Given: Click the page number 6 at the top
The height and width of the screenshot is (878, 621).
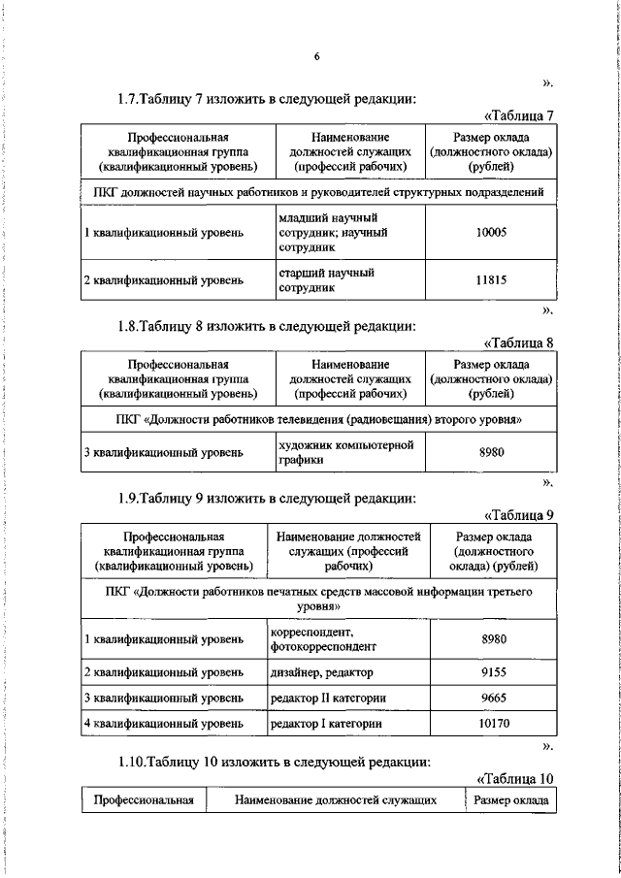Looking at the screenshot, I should pyautogui.click(x=316, y=55).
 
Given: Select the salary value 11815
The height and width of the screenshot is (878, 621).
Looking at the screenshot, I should pyautogui.click(x=491, y=281).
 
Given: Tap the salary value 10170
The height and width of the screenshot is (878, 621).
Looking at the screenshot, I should pyautogui.click(x=494, y=724).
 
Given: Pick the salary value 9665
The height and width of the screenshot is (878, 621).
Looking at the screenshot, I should pyautogui.click(x=494, y=698).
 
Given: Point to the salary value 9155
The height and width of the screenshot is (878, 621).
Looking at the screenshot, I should pyautogui.click(x=494, y=671).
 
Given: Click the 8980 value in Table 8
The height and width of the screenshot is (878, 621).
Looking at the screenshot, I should pyautogui.click(x=491, y=452).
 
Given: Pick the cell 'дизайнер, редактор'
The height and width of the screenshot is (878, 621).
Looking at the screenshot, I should pyautogui.click(x=321, y=671).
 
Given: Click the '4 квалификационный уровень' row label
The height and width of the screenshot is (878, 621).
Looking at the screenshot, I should pyautogui.click(x=163, y=724).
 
